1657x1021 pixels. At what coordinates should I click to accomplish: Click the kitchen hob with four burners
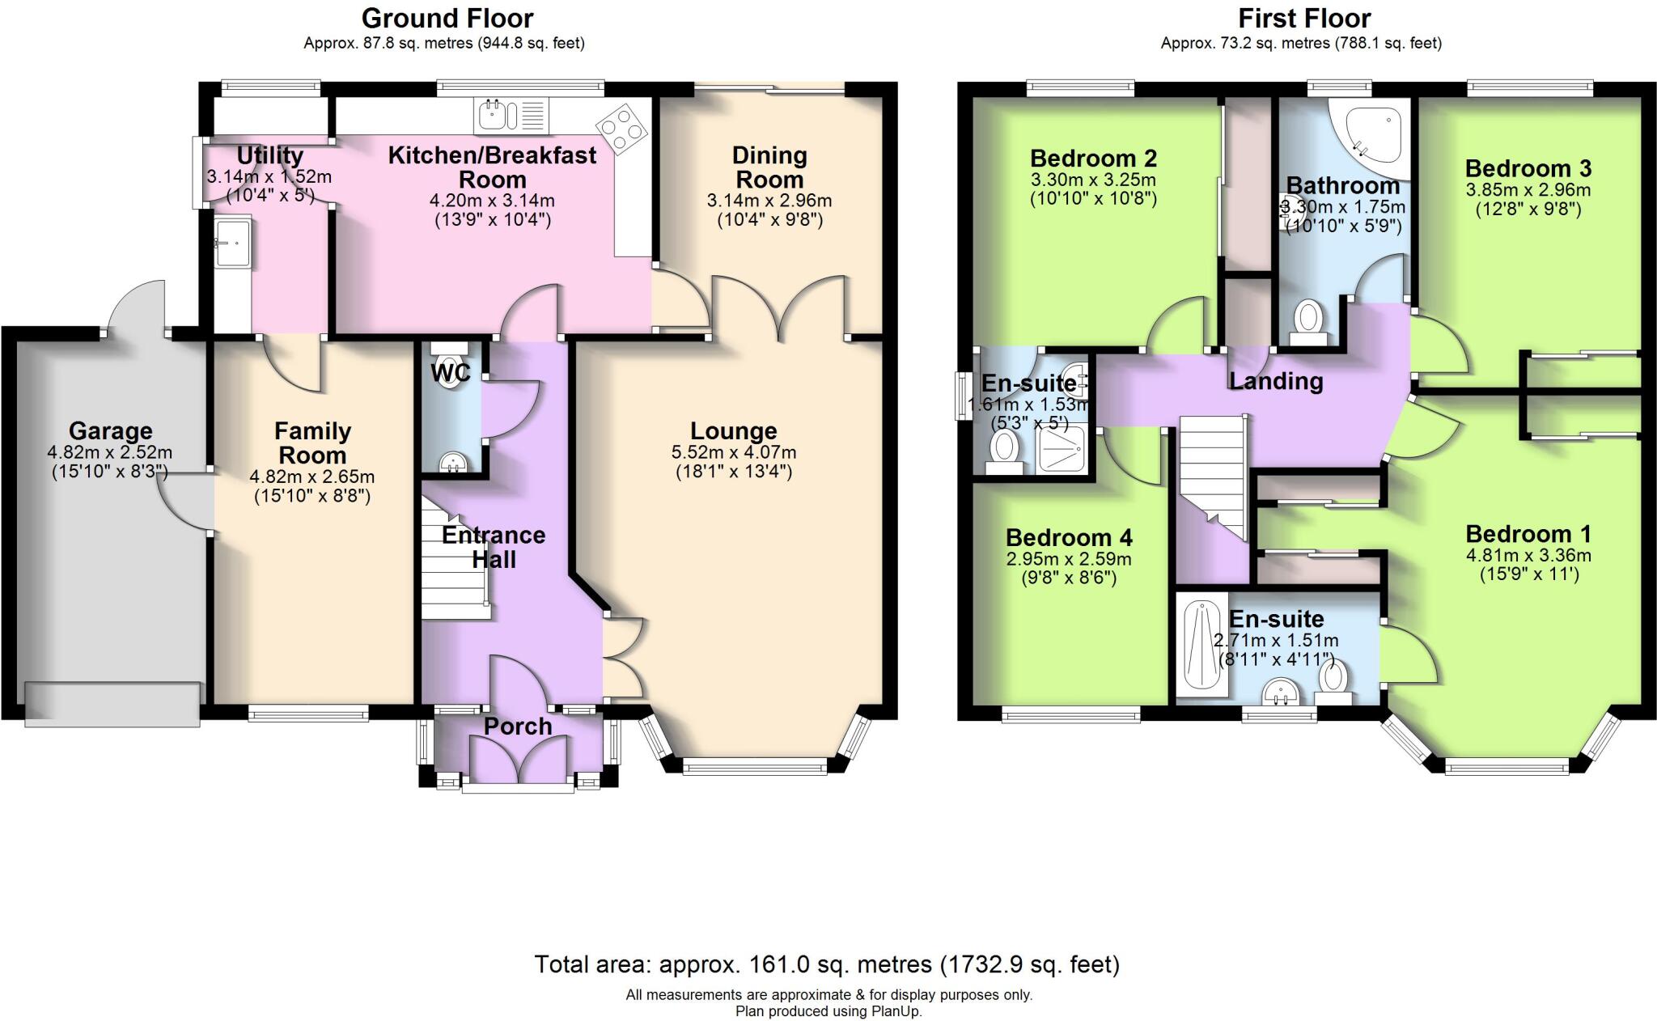coord(621,129)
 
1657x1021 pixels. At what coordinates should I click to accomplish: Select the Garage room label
coord(110,431)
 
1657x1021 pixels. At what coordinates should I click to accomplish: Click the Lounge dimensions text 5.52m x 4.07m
coord(733,452)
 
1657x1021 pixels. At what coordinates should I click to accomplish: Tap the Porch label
coord(518,727)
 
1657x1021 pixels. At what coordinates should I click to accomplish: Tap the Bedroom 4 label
coord(1069,538)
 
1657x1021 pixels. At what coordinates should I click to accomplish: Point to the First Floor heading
coord(1304,18)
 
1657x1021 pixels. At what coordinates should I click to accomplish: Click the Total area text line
coord(827,964)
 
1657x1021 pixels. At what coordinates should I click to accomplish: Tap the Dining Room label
coord(769,167)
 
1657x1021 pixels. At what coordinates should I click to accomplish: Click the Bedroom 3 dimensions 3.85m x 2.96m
coord(1528,190)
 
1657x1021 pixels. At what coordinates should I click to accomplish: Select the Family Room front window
coord(307,713)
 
